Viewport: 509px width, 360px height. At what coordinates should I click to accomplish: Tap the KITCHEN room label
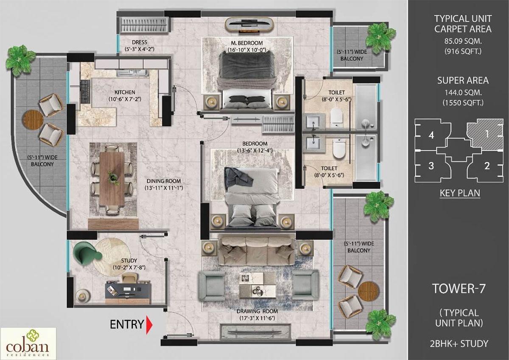coord(124,93)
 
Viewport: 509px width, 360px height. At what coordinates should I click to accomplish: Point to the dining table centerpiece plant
coord(112,176)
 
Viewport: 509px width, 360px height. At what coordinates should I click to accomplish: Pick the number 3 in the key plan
coord(431,166)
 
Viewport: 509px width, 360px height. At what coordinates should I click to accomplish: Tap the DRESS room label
coord(139,42)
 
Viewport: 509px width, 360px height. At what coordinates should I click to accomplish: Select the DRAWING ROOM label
coord(257,311)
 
